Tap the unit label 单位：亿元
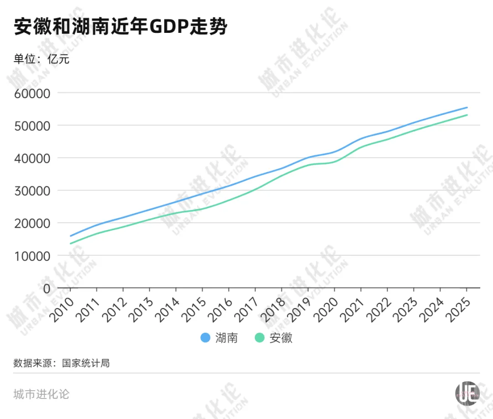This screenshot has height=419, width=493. pyautogui.click(x=42, y=59)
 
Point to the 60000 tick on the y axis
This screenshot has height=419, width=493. pyautogui.click(x=33, y=93)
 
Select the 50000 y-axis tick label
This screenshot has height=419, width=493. pyautogui.click(x=33, y=126)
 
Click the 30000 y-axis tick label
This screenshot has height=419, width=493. pyautogui.click(x=33, y=191)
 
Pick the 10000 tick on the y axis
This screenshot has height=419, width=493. pyautogui.click(x=33, y=256)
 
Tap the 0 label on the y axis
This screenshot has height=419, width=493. pyautogui.click(x=46, y=288)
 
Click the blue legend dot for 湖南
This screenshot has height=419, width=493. pyautogui.click(x=205, y=338)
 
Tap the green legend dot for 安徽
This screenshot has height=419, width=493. pyautogui.click(x=260, y=338)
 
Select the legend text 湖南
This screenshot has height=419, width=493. pyautogui.click(x=226, y=338)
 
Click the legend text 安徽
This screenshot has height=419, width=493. pyautogui.click(x=281, y=338)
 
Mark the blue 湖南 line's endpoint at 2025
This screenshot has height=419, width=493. pyautogui.click(x=467, y=108)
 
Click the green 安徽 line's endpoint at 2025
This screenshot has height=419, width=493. pyautogui.click(x=467, y=115)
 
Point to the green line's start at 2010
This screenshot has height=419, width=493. pyautogui.click(x=70, y=243)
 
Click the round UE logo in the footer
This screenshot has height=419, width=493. pyautogui.click(x=467, y=392)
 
